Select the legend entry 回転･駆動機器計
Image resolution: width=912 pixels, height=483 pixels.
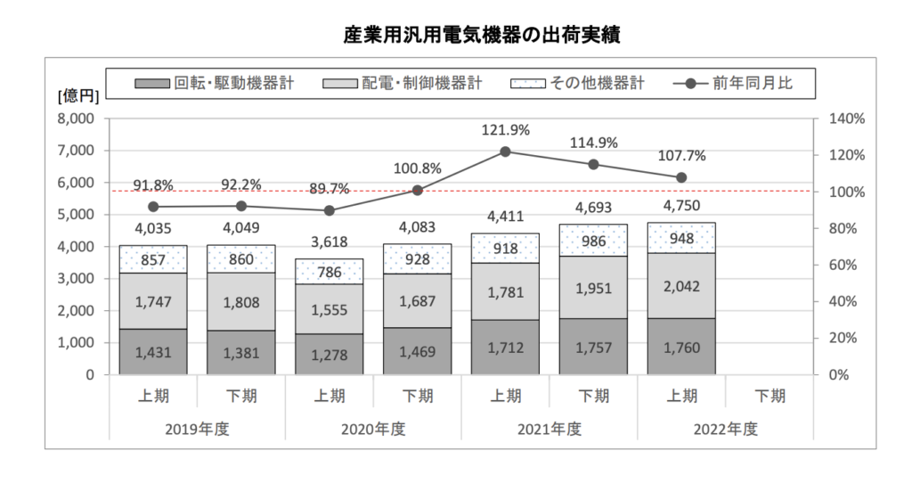215,84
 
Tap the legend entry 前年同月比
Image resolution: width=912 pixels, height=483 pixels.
738,84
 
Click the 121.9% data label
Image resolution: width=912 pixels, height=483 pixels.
505,130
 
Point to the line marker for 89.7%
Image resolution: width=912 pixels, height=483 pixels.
329,210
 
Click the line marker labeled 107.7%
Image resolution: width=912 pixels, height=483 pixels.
681,177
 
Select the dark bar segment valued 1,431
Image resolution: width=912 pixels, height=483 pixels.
152,351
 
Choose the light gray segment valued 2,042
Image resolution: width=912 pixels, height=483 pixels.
681,285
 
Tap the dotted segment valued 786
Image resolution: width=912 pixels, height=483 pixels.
329,271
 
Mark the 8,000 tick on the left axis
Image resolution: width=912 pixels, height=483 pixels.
77,119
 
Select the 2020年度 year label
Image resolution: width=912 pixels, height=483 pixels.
372,429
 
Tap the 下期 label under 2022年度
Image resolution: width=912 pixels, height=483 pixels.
769,396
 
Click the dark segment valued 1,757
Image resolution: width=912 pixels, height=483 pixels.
593,347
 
